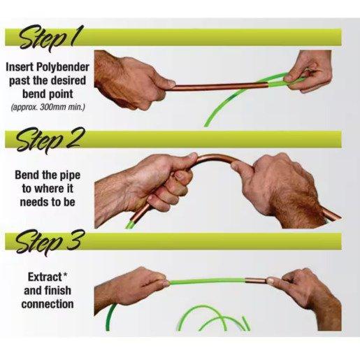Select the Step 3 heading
[x=48, y=242]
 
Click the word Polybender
[x=63, y=68]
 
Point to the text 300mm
[x=51, y=108]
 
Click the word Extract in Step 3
[x=45, y=277]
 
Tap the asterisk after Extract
[x=65, y=275]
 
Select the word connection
[x=48, y=304]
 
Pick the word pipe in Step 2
[x=70, y=175]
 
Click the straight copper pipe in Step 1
[x=219, y=87]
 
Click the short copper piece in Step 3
[x=256, y=280]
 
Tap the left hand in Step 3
[x=131, y=289]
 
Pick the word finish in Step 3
[x=58, y=291]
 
